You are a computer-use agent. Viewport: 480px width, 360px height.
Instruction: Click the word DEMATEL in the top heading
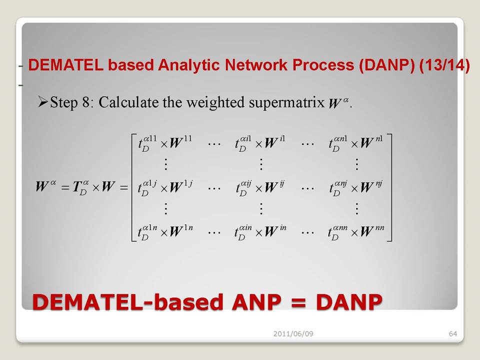point(66,65)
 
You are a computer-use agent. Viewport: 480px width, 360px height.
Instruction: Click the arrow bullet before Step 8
point(43,102)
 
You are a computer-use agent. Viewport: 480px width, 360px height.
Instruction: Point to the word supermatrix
point(286,102)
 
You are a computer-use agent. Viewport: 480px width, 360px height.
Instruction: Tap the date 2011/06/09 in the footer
point(293,333)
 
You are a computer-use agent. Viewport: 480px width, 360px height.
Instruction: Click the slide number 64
point(453,333)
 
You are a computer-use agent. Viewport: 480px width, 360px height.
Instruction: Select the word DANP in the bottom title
point(349,302)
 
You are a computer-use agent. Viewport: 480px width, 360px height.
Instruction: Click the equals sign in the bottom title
point(298,302)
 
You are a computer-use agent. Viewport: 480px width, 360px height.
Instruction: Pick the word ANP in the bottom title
point(256,302)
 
